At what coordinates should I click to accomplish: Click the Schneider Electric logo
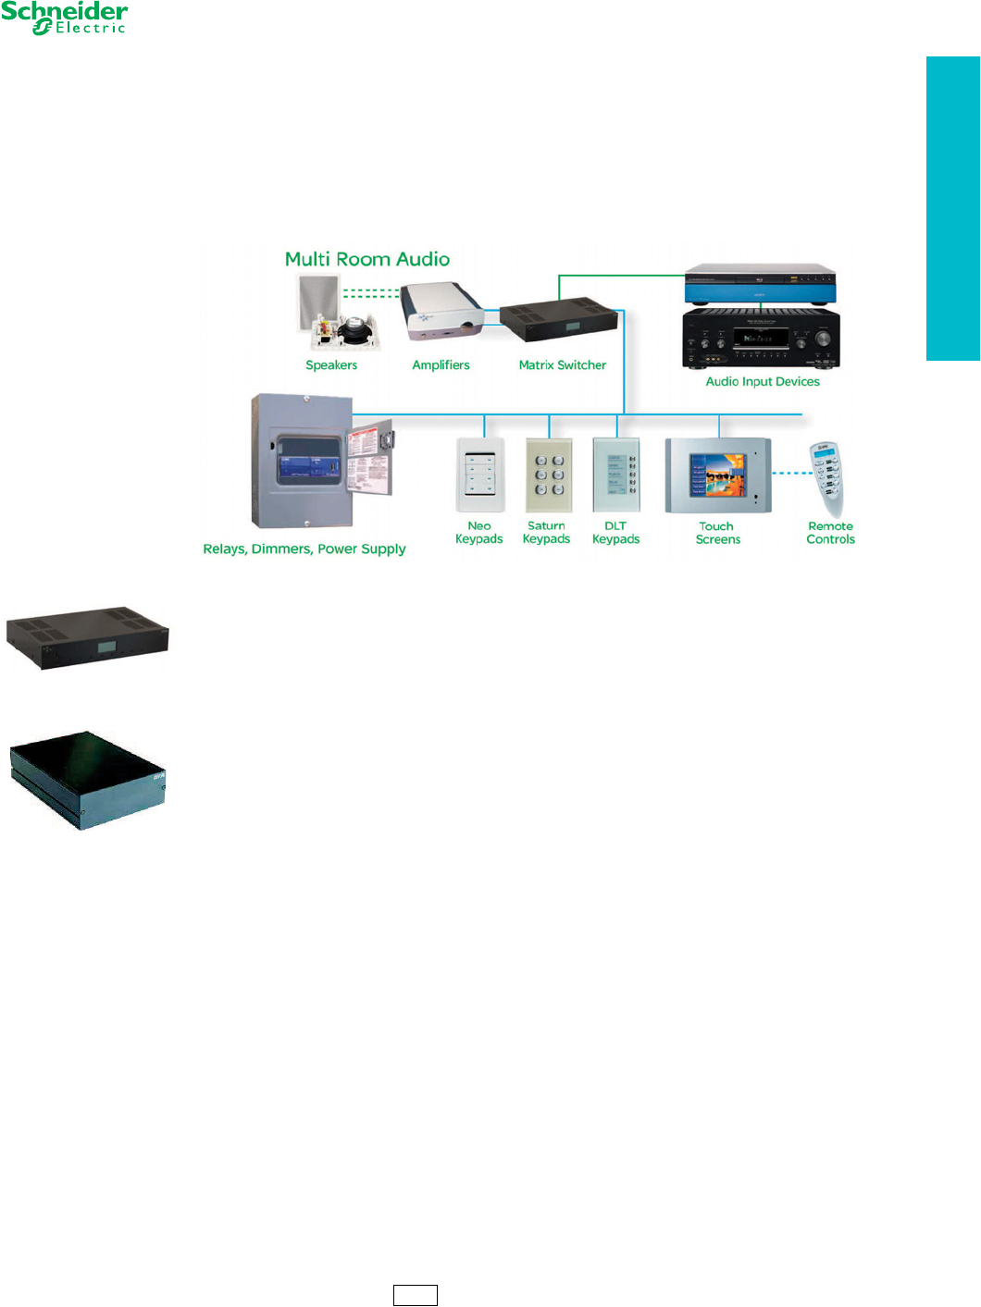[x=64, y=18]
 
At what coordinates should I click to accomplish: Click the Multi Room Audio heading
[x=367, y=260]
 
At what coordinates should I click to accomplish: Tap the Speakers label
[x=331, y=365]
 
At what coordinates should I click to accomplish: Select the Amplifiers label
[x=441, y=365]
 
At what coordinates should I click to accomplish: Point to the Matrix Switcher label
[x=562, y=365]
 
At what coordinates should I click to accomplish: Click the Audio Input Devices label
[x=763, y=382]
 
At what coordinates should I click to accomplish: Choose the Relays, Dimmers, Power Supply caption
[x=304, y=549]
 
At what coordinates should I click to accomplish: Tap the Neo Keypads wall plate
[x=480, y=475]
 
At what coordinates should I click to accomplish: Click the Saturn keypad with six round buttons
[x=549, y=475]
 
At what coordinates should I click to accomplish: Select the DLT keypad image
[x=616, y=474]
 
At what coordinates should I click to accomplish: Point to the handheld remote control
[x=827, y=478]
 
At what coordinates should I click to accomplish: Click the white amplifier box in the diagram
[x=442, y=313]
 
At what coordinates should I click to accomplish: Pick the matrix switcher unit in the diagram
[x=559, y=320]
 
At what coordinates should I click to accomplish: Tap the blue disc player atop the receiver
[x=760, y=284]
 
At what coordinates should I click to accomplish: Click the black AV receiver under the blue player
[x=760, y=339]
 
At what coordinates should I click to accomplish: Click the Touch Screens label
[x=717, y=533]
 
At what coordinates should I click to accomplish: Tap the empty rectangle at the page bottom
[x=415, y=1295]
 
